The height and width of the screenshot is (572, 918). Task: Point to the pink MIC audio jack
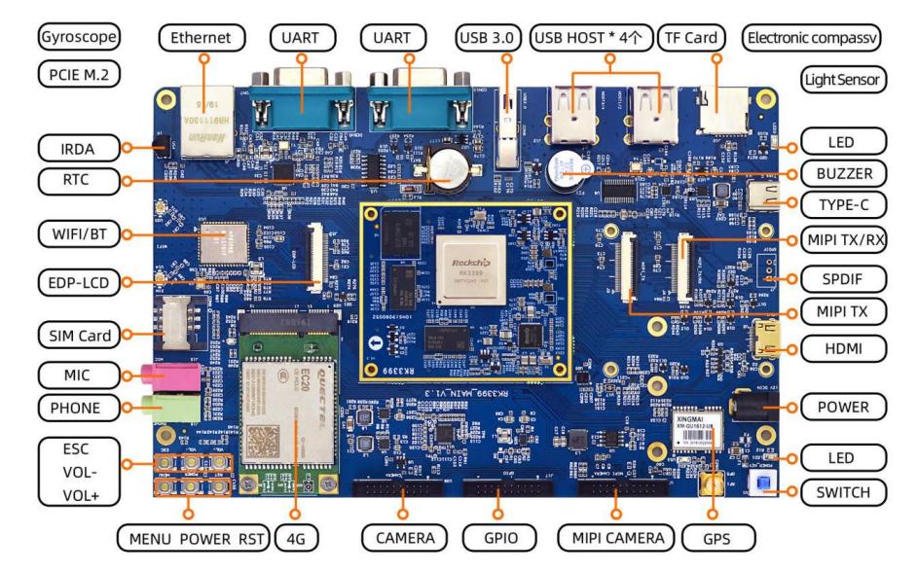click(170, 375)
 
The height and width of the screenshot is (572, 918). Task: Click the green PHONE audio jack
click(170, 408)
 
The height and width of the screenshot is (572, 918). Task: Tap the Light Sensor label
click(843, 80)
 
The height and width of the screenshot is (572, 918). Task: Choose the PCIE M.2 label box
click(80, 74)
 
